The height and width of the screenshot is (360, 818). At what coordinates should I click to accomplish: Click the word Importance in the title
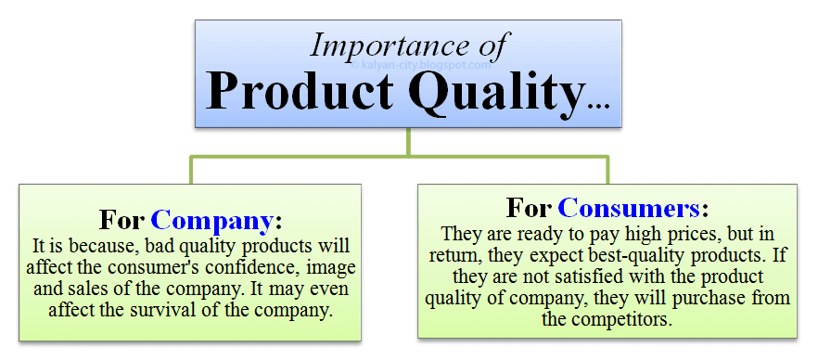(x=383, y=45)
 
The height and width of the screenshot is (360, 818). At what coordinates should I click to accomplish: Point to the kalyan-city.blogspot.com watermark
(x=421, y=65)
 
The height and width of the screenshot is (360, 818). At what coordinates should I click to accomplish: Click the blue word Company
(x=211, y=222)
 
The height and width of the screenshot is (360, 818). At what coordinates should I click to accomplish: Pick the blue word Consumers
(x=629, y=209)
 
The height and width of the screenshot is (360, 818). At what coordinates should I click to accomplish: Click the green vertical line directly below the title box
(x=408, y=142)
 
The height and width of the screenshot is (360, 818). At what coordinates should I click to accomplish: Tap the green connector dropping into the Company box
(x=191, y=170)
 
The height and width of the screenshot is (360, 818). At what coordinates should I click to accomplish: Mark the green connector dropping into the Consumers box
(x=607, y=170)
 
